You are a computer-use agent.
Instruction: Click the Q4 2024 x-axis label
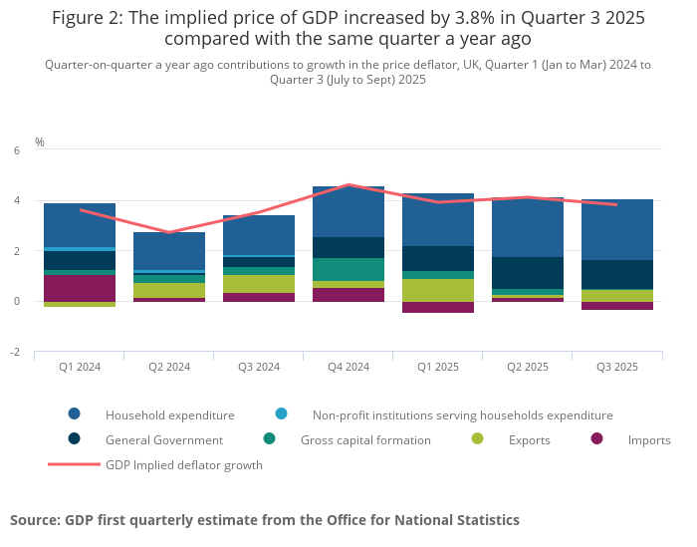tap(348, 367)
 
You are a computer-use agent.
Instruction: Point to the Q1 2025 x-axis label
tap(438, 367)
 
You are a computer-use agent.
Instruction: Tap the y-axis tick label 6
tap(17, 150)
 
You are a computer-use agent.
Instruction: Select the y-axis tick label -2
tap(15, 352)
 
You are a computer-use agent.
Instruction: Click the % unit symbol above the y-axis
tap(40, 142)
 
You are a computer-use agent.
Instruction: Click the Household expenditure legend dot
tap(75, 414)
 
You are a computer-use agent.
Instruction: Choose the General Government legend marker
tap(75, 439)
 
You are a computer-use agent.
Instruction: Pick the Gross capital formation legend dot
tap(270, 439)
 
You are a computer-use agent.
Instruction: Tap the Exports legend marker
tap(478, 439)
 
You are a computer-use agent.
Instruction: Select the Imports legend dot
tap(597, 439)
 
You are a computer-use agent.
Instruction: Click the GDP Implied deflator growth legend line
tap(74, 464)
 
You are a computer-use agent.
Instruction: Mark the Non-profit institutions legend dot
tap(282, 414)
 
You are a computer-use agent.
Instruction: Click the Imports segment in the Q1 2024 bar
tap(80, 288)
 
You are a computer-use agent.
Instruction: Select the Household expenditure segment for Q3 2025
tap(617, 229)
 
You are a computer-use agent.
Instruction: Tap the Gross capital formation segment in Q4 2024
tap(348, 269)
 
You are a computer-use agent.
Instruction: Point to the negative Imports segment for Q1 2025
tap(438, 307)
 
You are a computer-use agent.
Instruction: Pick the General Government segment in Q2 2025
tap(528, 273)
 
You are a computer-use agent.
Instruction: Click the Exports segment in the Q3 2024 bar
tap(259, 284)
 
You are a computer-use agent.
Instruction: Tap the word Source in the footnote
tap(35, 520)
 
